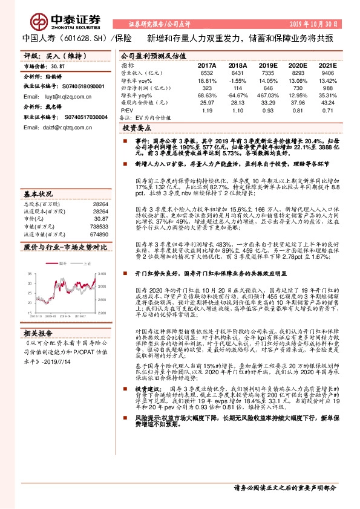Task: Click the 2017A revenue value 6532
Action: pos(208,72)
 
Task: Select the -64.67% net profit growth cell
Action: pos(238,96)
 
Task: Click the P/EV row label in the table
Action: pos(127,111)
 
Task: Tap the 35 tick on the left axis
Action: pos(29,273)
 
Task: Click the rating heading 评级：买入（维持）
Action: pos(50,55)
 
